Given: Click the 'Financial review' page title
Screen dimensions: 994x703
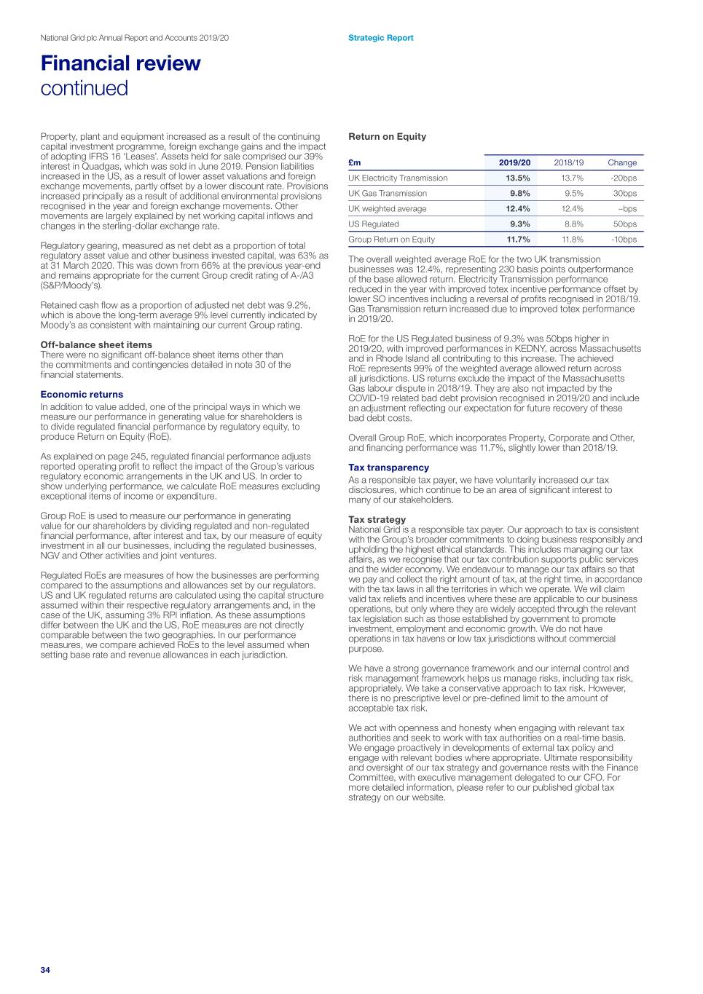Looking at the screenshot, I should pos(120,63).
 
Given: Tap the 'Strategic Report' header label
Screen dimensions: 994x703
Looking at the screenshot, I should pos(380,38).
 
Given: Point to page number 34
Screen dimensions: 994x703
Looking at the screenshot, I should pos(45,970).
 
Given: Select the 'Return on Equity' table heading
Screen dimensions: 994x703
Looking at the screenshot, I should pos(387,137).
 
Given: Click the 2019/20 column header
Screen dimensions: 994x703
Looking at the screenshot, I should pos(514,163).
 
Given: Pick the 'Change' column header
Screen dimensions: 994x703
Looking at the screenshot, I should pos(621,163).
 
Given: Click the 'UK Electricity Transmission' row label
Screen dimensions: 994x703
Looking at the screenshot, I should pos(398,178).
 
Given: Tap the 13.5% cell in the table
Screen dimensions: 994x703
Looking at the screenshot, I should pos(518,178).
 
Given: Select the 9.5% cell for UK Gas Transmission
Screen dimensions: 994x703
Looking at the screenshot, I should pos(573,194).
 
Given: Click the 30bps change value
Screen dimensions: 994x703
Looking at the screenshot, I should pos(624,194).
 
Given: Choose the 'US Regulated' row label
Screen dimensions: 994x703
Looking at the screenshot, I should pos(374,224).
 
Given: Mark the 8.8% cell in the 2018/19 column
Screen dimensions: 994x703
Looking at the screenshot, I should pos(573,224).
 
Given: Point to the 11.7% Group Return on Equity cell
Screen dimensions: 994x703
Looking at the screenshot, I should pos(518,240).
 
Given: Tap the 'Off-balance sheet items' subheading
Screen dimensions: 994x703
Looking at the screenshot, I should pos(96,345).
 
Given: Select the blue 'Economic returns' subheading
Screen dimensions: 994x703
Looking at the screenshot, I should pos(82,395).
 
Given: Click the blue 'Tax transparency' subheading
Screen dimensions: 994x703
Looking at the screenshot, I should pos(388,468).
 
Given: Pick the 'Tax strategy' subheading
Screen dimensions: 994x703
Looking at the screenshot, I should pos(377,519).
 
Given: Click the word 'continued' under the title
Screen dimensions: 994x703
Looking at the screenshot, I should pos(84,88).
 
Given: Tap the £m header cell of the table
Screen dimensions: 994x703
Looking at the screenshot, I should pos(355,163).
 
